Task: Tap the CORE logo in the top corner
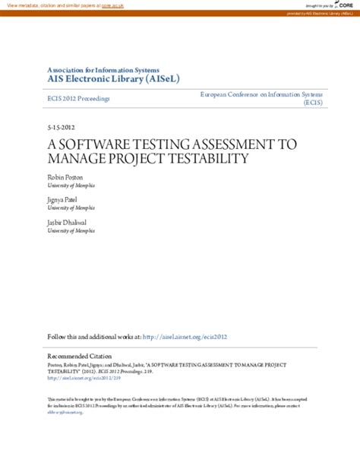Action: pyautogui.click(x=346, y=6)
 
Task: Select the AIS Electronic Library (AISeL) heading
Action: pyautogui.click(x=113, y=79)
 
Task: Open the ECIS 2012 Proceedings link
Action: pyautogui.click(x=78, y=98)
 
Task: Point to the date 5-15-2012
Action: pyautogui.click(x=61, y=127)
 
